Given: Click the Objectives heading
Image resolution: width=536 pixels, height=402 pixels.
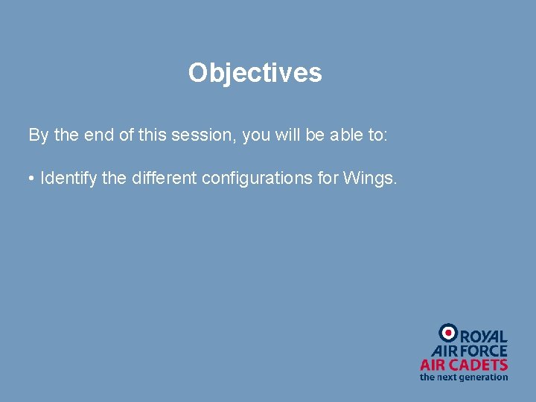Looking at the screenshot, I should coord(255,73).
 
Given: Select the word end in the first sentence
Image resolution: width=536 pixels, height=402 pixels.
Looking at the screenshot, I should coord(97,135).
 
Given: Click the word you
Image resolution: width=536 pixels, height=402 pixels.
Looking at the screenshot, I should coord(257,135).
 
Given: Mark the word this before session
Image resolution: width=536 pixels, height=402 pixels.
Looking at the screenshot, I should coord(153,135).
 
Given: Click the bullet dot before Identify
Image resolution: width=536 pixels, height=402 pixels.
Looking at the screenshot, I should coord(32,179).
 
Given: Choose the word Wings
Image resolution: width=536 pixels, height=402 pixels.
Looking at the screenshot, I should coord(371,179).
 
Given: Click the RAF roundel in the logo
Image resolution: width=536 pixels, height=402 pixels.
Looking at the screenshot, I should coord(448,333).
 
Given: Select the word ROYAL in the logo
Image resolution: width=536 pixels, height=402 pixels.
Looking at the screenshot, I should coord(484,336).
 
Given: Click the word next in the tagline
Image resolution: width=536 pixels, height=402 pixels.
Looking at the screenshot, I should coord(447,377).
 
